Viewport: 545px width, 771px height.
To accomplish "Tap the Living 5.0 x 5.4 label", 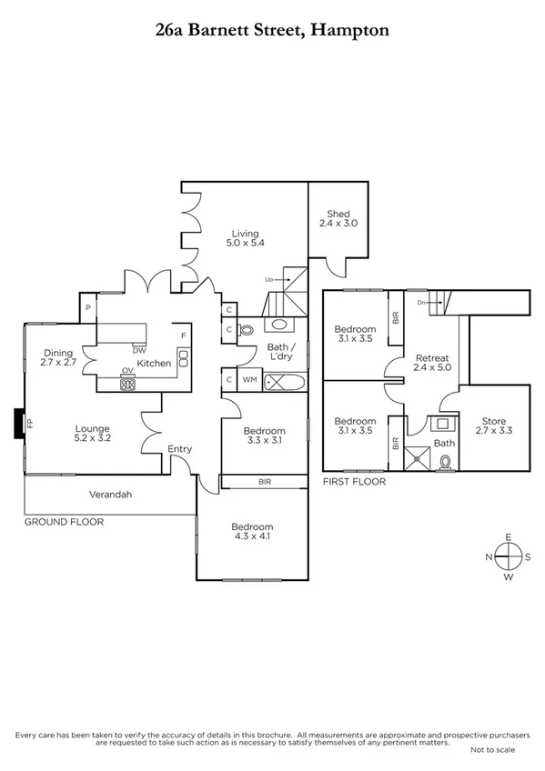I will pyautogui.click(x=245, y=238).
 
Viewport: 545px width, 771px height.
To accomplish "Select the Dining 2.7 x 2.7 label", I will pyautogui.click(x=59, y=358).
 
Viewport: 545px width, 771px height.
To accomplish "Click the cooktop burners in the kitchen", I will pyautogui.click(x=128, y=384).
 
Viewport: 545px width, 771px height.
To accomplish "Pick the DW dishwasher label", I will pyautogui.click(x=138, y=350).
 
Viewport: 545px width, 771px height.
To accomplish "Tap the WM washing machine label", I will pyautogui.click(x=248, y=379).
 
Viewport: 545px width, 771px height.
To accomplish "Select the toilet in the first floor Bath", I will pyautogui.click(x=444, y=462).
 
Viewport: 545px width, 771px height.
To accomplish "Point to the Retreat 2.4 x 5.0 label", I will pyautogui.click(x=431, y=362).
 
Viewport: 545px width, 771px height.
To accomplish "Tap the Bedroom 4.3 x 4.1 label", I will pyautogui.click(x=251, y=532).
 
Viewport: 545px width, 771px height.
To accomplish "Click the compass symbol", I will pyautogui.click(x=509, y=556).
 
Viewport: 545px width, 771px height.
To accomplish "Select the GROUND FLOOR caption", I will pyautogui.click(x=64, y=522).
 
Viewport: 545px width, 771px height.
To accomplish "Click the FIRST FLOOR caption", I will pyautogui.click(x=354, y=481).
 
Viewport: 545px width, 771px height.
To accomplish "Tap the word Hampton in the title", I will pyautogui.click(x=350, y=29).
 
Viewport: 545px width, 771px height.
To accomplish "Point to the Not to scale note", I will pyautogui.click(x=492, y=749).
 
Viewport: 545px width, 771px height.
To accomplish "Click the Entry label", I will pyautogui.click(x=180, y=449).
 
